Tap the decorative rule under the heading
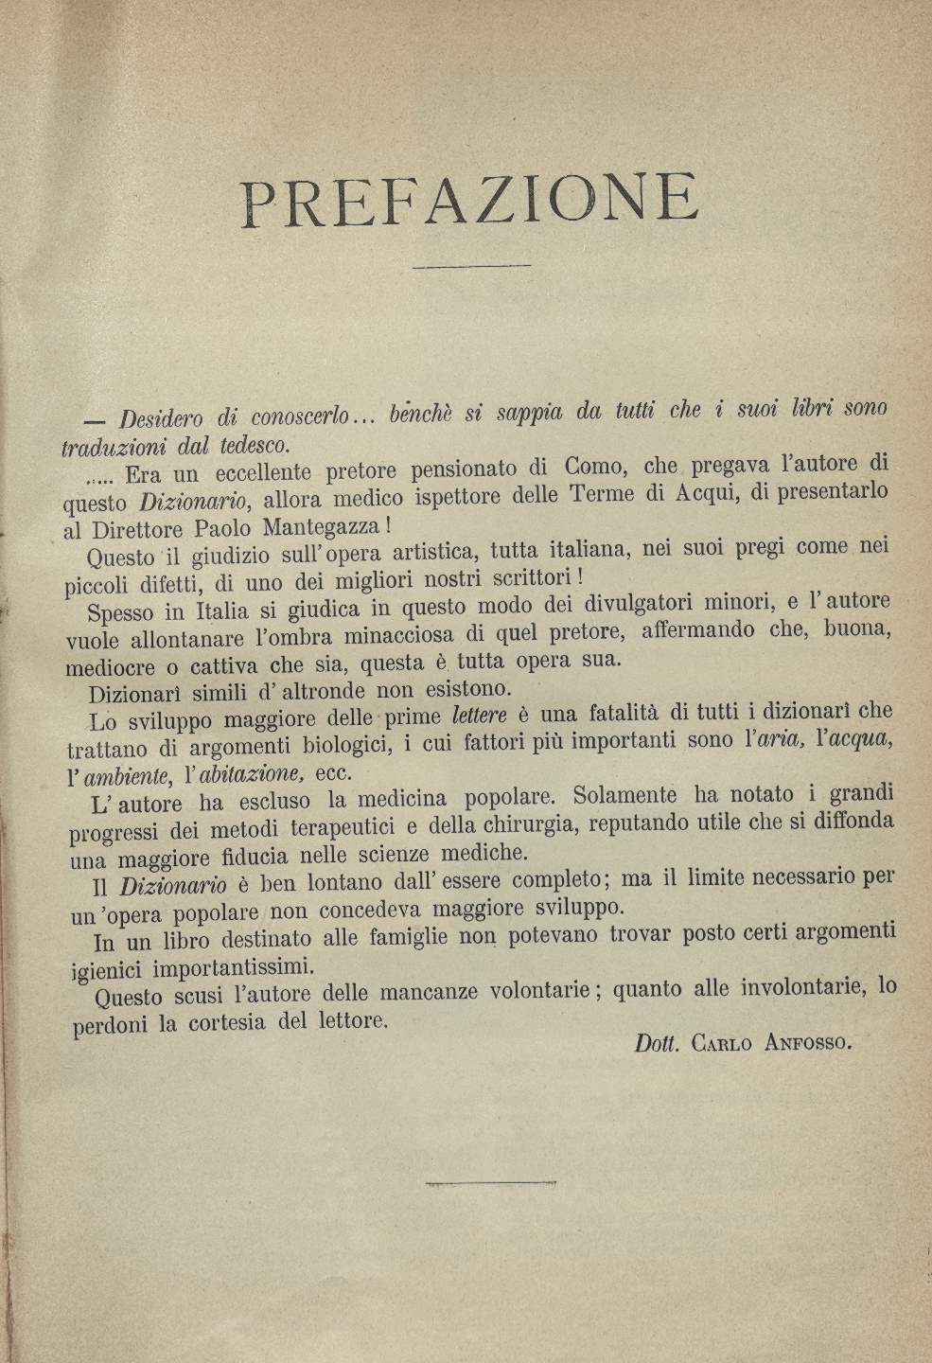(471, 267)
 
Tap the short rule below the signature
(466, 1182)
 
